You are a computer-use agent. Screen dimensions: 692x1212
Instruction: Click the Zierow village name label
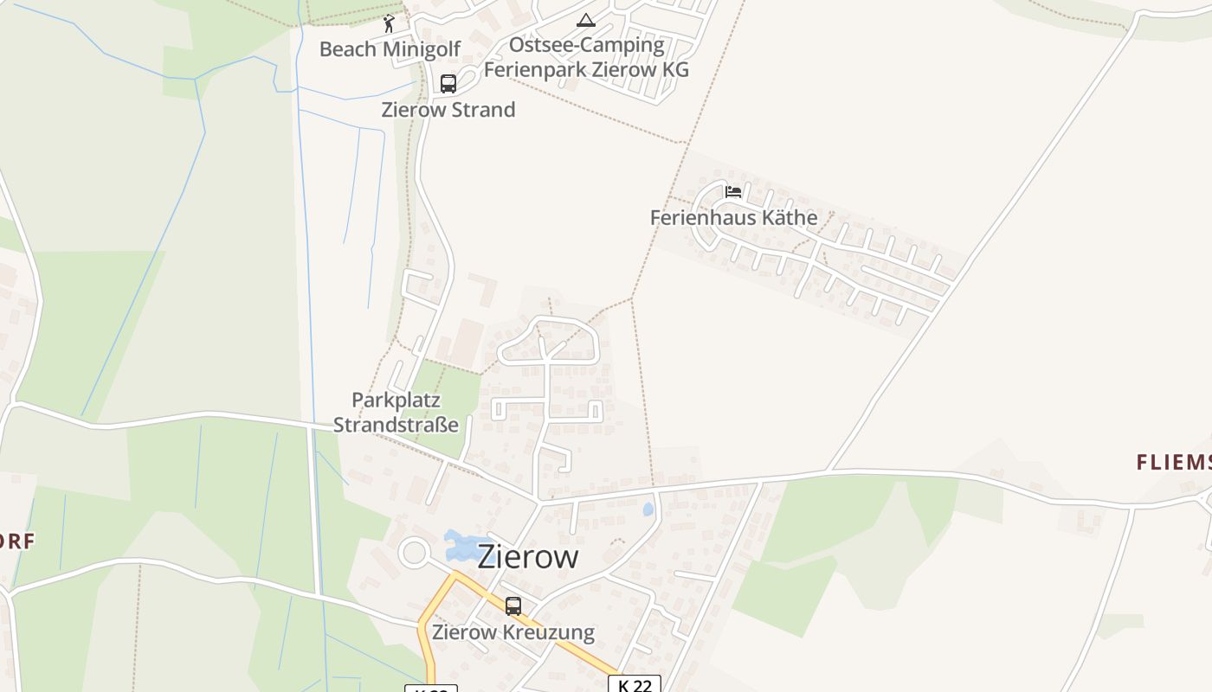tap(527, 556)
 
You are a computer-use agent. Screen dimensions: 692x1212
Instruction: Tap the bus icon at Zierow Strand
tap(448, 84)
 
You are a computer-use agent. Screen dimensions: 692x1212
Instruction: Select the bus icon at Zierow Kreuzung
tap(513, 606)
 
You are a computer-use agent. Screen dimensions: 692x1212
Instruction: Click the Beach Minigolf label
tap(390, 49)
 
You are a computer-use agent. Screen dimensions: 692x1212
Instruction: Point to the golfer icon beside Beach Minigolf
tap(389, 23)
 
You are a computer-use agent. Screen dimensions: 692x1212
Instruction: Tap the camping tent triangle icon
tap(586, 20)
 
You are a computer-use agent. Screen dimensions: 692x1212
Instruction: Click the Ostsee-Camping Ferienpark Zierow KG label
tap(586, 57)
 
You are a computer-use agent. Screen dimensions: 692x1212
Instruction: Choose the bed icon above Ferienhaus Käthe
tap(733, 192)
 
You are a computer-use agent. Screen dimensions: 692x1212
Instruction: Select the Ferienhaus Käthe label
tap(733, 217)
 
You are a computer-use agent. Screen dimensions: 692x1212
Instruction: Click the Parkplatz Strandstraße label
tap(396, 413)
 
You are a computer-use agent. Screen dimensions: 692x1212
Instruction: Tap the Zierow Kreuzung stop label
tap(513, 632)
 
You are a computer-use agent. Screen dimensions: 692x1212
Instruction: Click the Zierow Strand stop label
tap(448, 110)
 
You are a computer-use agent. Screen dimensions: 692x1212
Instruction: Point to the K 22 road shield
tap(635, 685)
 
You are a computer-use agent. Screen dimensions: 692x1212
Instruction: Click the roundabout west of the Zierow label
tap(414, 552)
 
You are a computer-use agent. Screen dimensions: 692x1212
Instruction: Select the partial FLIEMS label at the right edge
tap(1173, 463)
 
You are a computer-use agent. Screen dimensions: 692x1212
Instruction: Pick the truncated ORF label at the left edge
tap(17, 542)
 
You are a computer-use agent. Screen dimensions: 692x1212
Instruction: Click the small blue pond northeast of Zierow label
tap(648, 509)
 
